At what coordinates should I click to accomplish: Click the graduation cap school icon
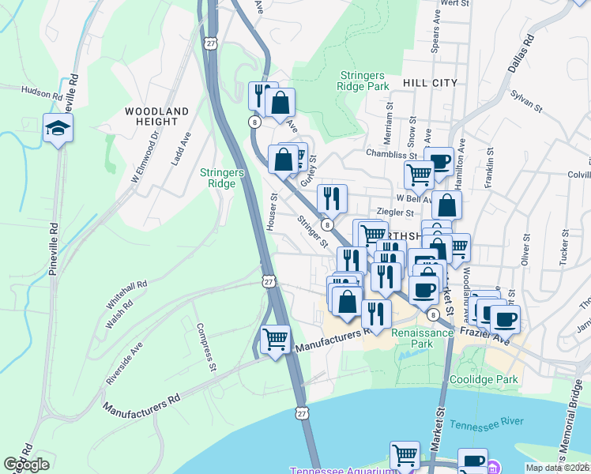click(58, 127)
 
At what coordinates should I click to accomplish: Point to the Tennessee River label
click(487, 425)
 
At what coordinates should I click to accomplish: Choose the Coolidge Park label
click(484, 380)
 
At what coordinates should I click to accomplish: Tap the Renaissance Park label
click(423, 338)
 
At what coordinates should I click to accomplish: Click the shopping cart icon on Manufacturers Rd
click(275, 340)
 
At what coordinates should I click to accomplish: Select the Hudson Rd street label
click(42, 94)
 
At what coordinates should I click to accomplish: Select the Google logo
click(26, 465)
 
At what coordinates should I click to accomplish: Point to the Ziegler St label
click(396, 213)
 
